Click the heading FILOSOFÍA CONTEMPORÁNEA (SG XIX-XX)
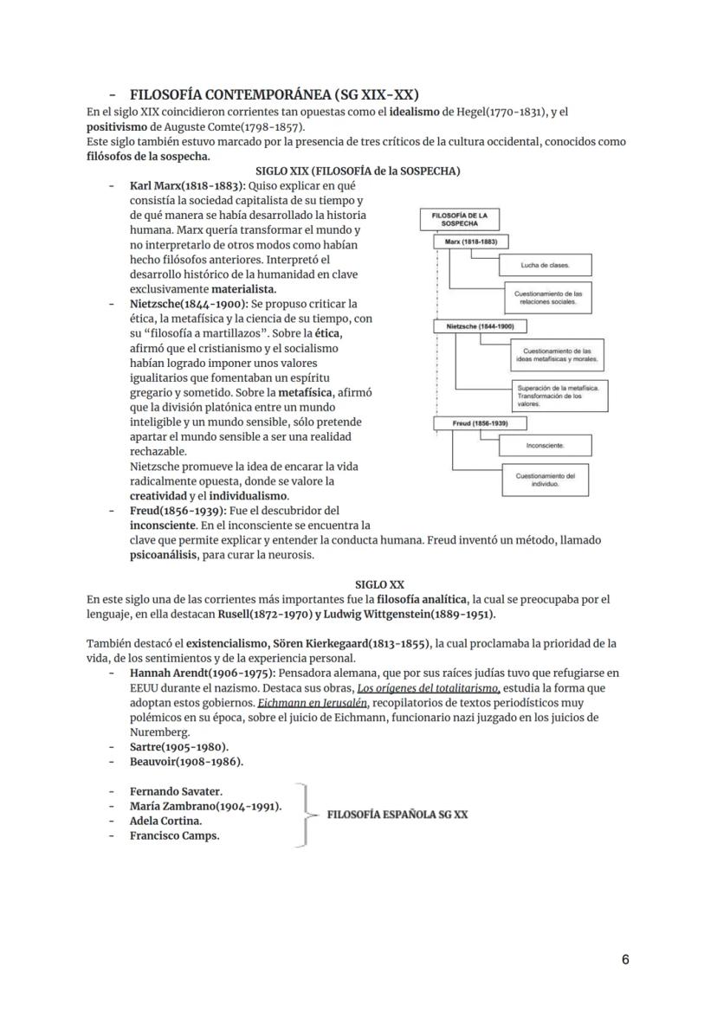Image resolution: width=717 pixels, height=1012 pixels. [x=275, y=94]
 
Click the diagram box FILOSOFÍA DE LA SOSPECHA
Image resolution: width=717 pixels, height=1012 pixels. [x=458, y=218]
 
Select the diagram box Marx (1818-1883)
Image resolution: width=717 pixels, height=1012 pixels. [x=470, y=242]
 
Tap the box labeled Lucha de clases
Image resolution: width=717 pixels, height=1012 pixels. [x=545, y=264]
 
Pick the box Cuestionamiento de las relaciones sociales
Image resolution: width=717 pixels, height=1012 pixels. [x=547, y=297]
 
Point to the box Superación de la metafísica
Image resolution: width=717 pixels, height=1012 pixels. [x=559, y=395]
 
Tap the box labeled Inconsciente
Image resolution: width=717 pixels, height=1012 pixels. [x=545, y=446]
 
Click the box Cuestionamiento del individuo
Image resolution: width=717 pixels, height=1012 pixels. [x=546, y=480]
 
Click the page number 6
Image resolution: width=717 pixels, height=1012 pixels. [x=625, y=959]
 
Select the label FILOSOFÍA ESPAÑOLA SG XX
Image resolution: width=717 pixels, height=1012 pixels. [x=397, y=815]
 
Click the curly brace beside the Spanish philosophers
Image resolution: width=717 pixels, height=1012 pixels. [x=302, y=815]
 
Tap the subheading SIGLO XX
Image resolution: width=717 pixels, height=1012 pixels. [x=379, y=584]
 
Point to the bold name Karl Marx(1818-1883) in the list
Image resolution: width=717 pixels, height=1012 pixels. [x=187, y=186]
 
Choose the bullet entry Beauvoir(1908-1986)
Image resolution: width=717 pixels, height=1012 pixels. [x=186, y=761]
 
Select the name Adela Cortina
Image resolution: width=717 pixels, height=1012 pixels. [x=165, y=821]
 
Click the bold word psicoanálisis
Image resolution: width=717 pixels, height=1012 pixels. [x=164, y=555]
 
